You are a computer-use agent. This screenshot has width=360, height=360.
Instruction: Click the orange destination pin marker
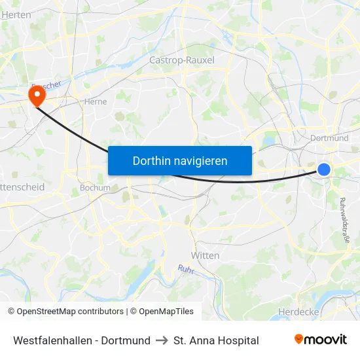point(35,97)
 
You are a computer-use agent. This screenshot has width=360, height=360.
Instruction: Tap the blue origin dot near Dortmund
point(324,170)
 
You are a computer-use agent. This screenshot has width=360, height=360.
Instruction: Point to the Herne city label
point(95,101)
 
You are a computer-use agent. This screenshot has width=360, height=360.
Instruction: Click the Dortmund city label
point(329,138)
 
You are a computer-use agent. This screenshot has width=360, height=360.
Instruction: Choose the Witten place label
point(205,255)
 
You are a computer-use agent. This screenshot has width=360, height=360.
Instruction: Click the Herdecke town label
point(298,312)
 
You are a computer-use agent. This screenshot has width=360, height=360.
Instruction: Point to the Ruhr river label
point(187,268)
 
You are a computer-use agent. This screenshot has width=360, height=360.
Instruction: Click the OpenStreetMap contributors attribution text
point(65,312)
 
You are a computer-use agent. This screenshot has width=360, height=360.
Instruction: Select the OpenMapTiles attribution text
point(161,312)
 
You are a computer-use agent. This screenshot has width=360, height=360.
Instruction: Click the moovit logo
point(321,340)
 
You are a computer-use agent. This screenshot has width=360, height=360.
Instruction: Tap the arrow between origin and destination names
point(162,340)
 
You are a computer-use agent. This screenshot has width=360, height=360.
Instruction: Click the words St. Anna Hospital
point(216,340)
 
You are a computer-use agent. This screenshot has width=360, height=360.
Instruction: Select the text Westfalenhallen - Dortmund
point(82,340)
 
